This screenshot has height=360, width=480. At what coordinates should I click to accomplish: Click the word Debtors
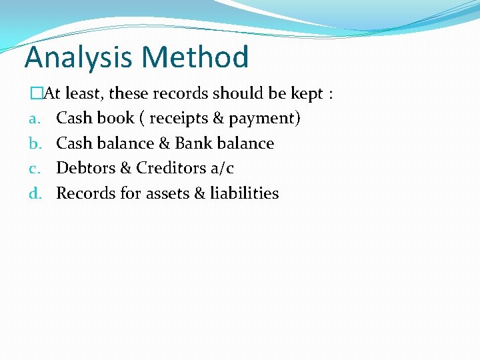pos(85,169)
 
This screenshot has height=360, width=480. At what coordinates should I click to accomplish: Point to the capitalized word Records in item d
pos(85,193)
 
